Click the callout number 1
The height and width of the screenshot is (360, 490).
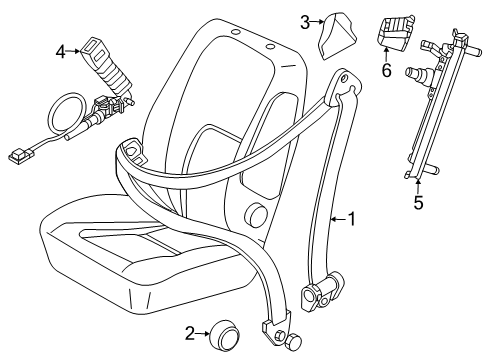(351, 217)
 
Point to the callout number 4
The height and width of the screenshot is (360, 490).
(61, 50)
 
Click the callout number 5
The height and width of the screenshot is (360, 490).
(418, 203)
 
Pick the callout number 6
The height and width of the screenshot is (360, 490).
(387, 71)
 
